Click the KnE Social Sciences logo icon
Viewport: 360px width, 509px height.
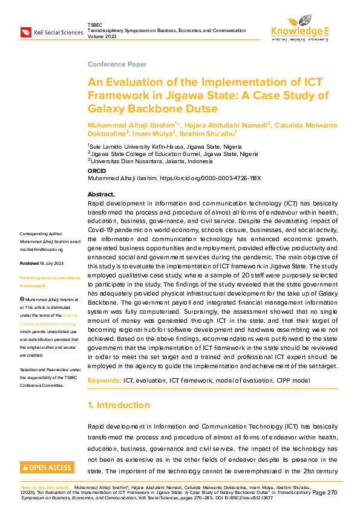point(25,31)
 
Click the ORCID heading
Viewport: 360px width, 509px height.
point(98,172)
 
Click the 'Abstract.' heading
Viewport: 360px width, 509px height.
point(102,195)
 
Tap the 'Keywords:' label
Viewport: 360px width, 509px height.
point(104,380)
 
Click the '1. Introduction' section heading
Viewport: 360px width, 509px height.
point(119,405)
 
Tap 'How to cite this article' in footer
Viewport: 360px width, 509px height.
point(46,487)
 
